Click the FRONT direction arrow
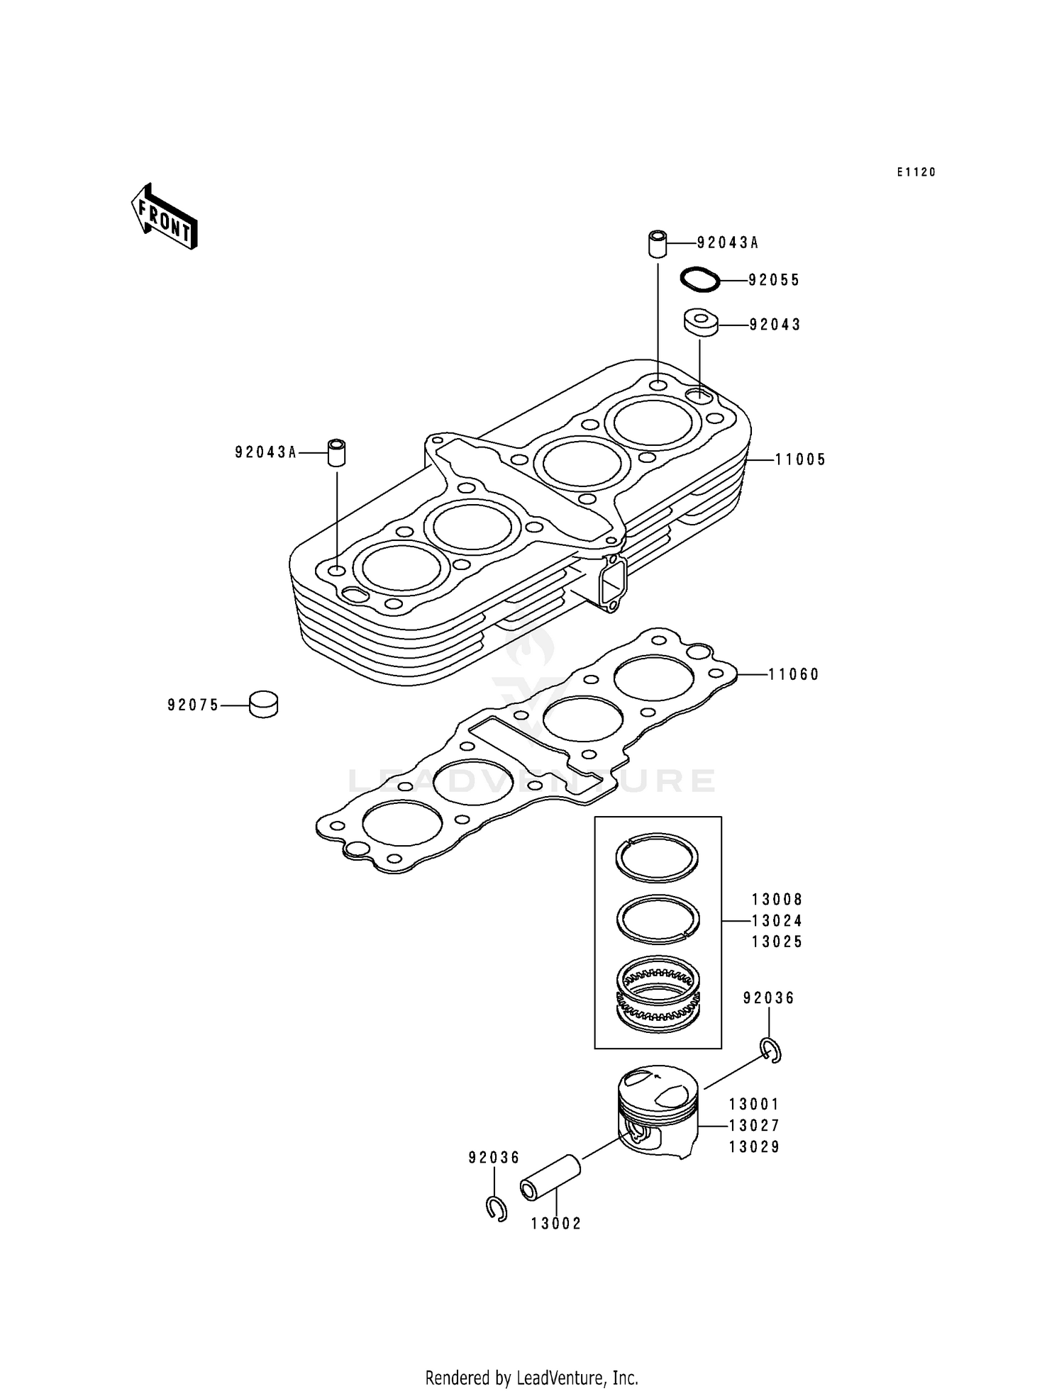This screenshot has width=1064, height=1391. (x=163, y=217)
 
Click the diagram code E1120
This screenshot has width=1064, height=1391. (x=916, y=172)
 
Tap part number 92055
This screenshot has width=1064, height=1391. (x=774, y=281)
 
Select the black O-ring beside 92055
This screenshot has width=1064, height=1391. (x=700, y=279)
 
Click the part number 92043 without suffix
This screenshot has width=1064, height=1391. (x=775, y=325)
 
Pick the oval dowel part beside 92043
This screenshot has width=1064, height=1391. (x=701, y=322)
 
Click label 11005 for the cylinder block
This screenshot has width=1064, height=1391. (x=800, y=460)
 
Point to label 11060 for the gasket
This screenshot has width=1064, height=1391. (x=794, y=675)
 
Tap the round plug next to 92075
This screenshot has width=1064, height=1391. (x=263, y=704)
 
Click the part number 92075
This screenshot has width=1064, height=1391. (x=193, y=705)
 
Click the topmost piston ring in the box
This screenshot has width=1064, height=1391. (x=657, y=857)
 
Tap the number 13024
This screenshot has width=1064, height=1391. (x=777, y=921)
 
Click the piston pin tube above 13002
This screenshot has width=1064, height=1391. (x=550, y=1178)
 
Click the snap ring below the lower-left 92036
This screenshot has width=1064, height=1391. (x=496, y=1208)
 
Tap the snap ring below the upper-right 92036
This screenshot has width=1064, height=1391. (x=770, y=1050)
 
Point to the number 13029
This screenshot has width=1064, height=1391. (x=754, y=1147)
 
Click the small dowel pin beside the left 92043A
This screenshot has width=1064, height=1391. (x=336, y=452)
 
